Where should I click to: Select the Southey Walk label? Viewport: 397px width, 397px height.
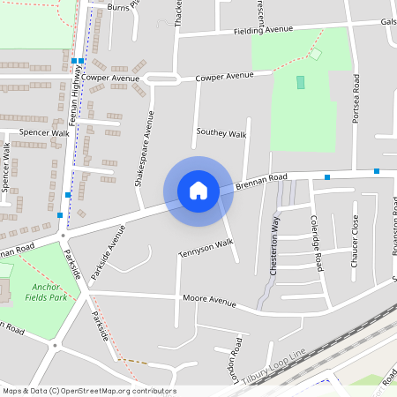[x=221, y=133]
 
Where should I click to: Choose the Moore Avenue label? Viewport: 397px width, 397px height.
[x=209, y=301]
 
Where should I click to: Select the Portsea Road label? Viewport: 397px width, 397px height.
[x=356, y=98]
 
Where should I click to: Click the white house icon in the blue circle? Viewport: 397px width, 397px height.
[x=198, y=191]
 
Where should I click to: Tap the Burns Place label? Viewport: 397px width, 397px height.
[x=122, y=6]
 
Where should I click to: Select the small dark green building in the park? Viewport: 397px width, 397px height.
[x=300, y=82]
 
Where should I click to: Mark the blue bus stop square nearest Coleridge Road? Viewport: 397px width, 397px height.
[x=327, y=177]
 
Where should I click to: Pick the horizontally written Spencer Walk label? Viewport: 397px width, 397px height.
[x=44, y=133]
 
